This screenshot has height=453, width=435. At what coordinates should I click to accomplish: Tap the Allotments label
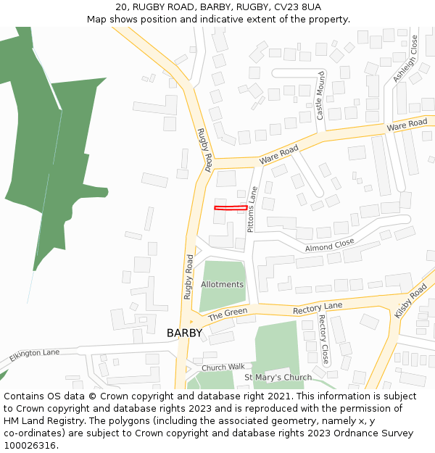(x=222, y=284)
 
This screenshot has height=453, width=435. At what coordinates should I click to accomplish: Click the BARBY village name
(x=184, y=333)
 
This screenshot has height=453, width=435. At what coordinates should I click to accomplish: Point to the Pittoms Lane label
(x=252, y=209)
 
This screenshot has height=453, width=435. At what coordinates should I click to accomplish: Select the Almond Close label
(x=329, y=245)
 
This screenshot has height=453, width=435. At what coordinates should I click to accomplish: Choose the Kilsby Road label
(x=410, y=302)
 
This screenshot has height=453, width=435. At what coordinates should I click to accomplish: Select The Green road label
(x=228, y=315)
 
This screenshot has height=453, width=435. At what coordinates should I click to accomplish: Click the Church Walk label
(x=224, y=367)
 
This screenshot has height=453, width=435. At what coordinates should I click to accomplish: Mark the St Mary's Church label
(x=278, y=378)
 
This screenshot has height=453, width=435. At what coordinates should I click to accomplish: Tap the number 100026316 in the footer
(x=31, y=445)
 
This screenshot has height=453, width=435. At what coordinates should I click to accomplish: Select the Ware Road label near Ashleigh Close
(x=407, y=125)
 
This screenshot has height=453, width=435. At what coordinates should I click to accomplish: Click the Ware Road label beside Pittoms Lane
(x=278, y=154)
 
